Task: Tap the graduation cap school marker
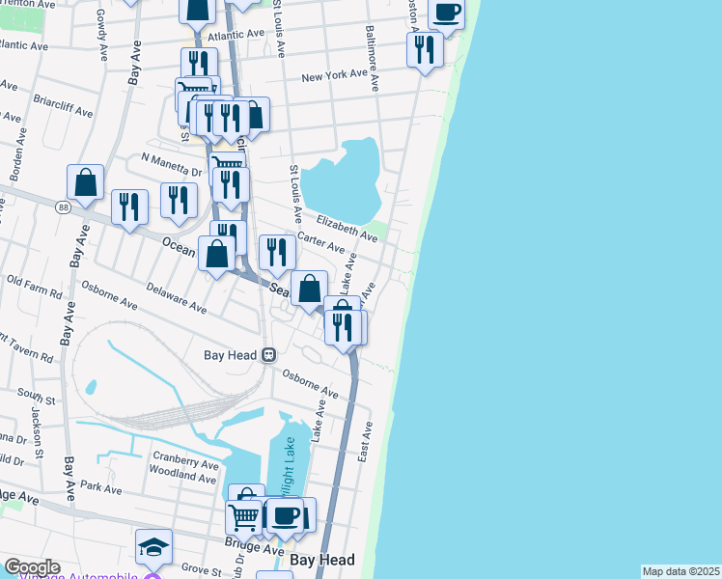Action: pyautogui.click(x=153, y=547)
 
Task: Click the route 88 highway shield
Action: pyautogui.click(x=63, y=207)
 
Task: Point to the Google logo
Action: pyautogui.click(x=32, y=567)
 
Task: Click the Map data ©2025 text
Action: pyautogui.click(x=680, y=571)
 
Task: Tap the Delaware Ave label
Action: pyautogui.click(x=177, y=299)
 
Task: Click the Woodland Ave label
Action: pyautogui.click(x=183, y=477)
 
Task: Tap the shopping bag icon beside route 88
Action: pyautogui.click(x=85, y=182)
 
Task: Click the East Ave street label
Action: pyautogui.click(x=365, y=440)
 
